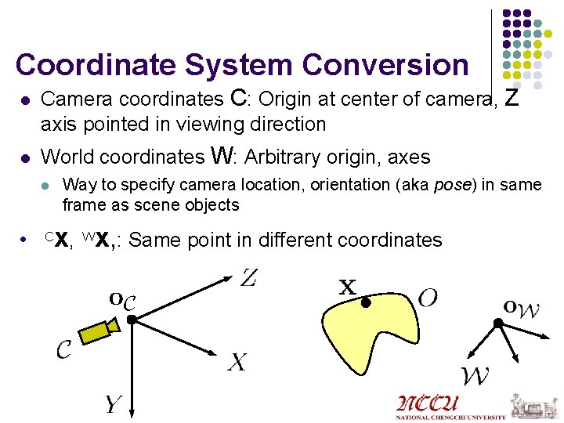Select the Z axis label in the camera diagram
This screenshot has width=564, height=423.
248,277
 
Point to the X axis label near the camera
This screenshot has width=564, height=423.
237,362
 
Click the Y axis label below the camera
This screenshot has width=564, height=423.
114,404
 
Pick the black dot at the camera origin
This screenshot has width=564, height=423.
132,319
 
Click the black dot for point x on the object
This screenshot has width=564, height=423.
365,302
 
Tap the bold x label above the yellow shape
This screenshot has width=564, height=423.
347,287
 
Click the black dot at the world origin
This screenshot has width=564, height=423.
497,323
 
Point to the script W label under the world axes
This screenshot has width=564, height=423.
475,376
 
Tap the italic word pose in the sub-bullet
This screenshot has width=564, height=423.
449,185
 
